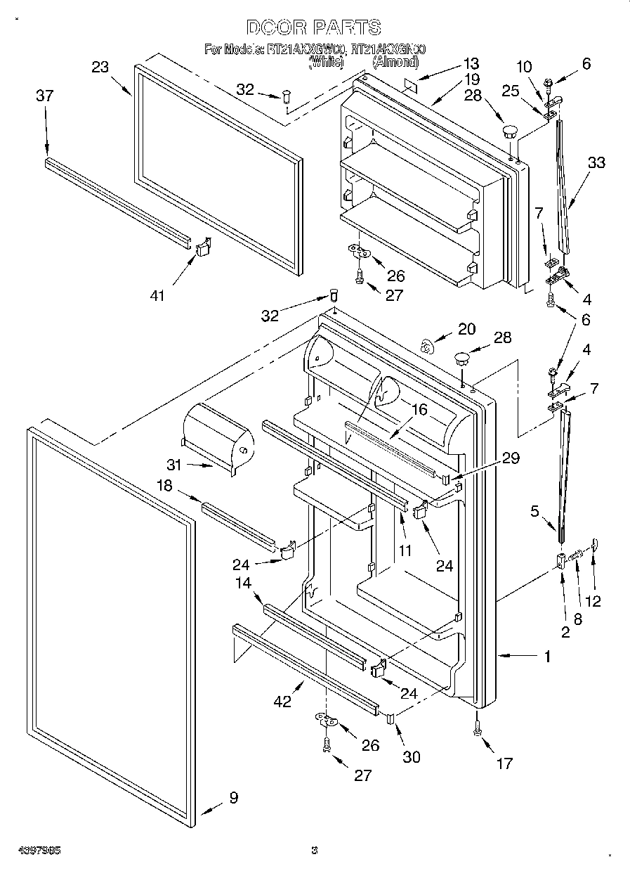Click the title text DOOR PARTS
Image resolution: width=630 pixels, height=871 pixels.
pos(314,27)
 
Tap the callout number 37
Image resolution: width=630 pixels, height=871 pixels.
pos(44,96)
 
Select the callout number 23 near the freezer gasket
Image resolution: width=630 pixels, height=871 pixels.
pos(100,67)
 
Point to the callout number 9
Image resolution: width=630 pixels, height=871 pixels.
pos(233,797)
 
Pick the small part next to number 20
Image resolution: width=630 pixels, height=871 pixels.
pos(426,345)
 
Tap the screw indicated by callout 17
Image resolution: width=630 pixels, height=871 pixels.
pos(477,733)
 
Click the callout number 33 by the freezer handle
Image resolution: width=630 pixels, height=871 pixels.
pos(596,162)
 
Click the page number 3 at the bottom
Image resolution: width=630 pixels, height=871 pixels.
pos(315,850)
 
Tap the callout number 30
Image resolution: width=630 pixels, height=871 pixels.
pos(411,756)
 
